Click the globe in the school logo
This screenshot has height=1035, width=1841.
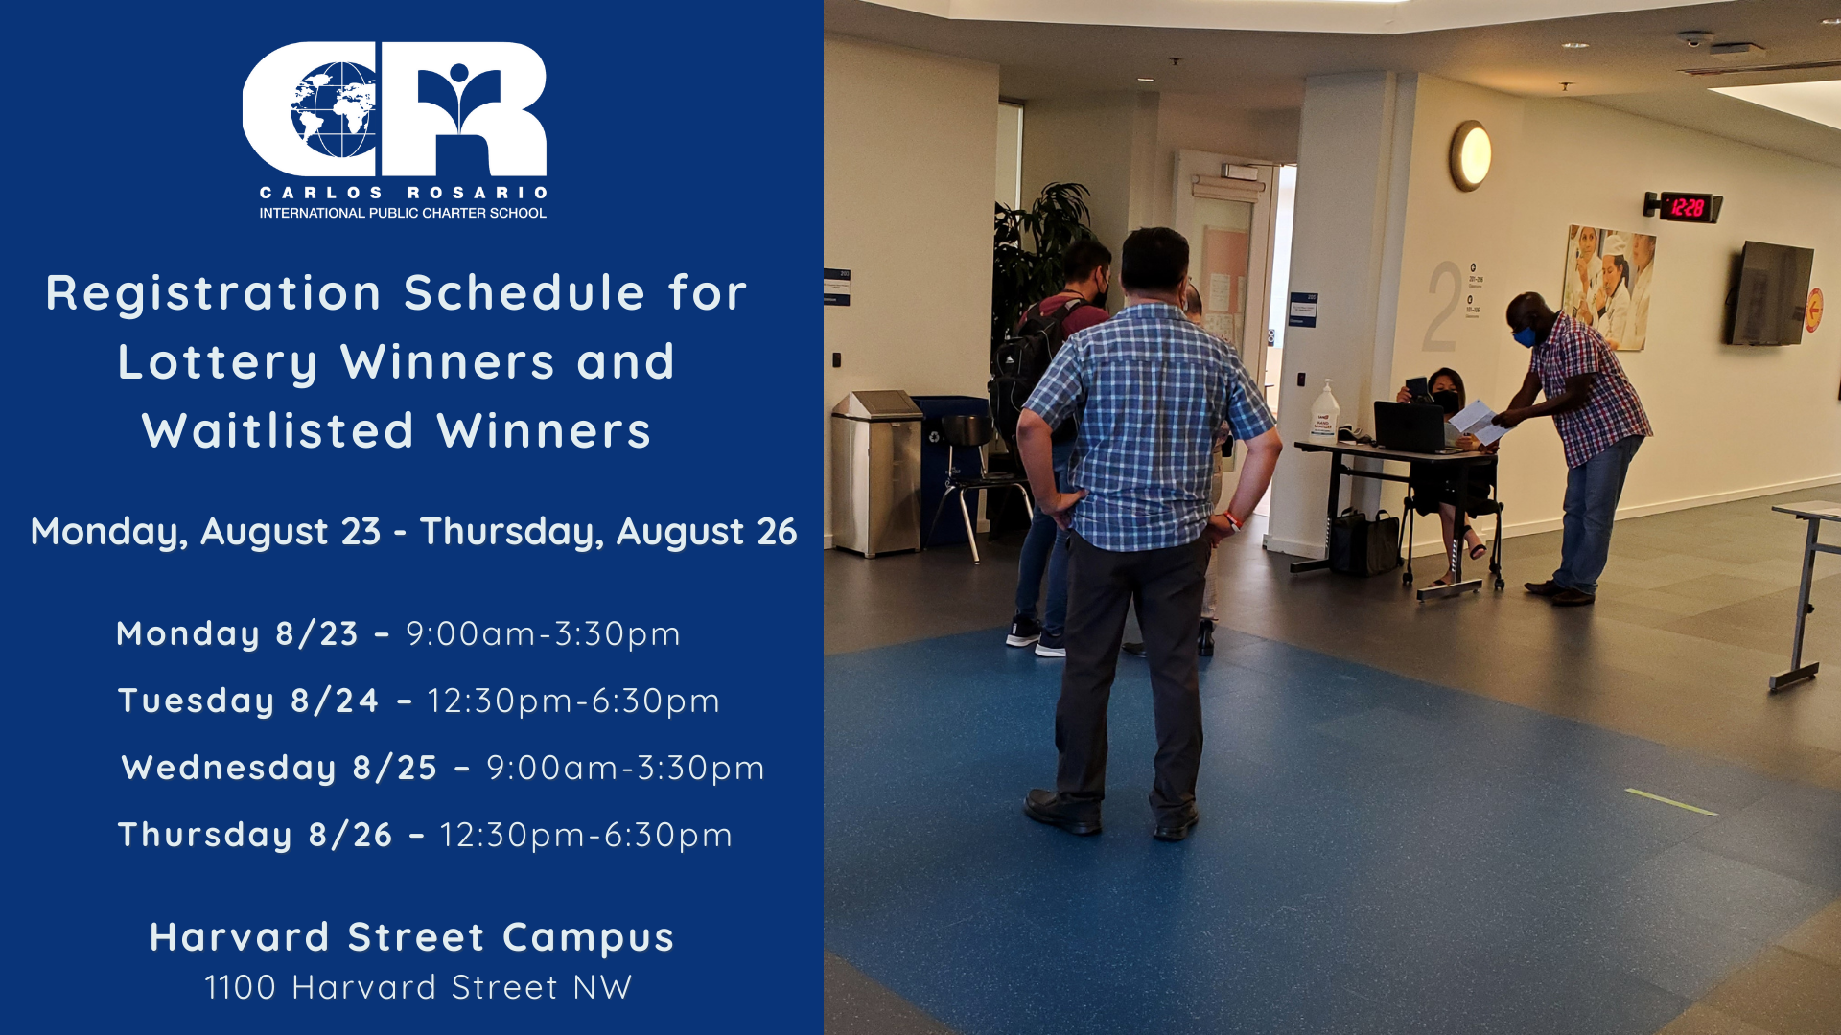[333, 110]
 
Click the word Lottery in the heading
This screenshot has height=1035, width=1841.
[218, 363]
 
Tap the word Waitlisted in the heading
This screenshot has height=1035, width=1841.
[278, 430]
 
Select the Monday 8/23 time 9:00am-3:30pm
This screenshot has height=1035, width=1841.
[543, 633]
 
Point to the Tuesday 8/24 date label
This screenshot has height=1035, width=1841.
[248, 701]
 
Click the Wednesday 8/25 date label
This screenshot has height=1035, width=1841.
[279, 768]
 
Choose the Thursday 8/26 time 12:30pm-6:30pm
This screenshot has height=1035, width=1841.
[586, 835]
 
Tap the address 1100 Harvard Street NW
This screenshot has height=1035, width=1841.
[418, 987]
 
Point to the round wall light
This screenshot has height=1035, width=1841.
[1470, 155]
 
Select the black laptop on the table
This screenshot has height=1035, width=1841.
[1410, 426]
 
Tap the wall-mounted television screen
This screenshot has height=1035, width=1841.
[1771, 293]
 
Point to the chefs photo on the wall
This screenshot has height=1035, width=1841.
[1609, 286]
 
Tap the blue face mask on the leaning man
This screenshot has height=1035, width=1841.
[1524, 336]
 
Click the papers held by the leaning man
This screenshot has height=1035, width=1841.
[1477, 421]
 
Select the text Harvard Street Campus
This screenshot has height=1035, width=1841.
[412, 937]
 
